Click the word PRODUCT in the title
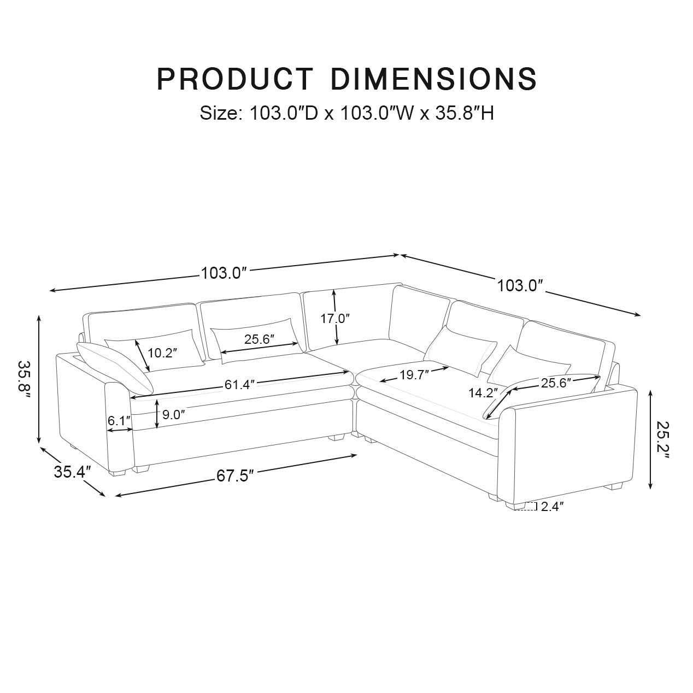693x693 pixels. [235, 78]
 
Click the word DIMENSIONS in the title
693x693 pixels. [434, 78]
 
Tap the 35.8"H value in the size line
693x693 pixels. [465, 113]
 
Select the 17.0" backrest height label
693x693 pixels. [335, 318]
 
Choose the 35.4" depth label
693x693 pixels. [72, 472]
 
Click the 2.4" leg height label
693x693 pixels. [552, 506]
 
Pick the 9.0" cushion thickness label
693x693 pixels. [174, 415]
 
